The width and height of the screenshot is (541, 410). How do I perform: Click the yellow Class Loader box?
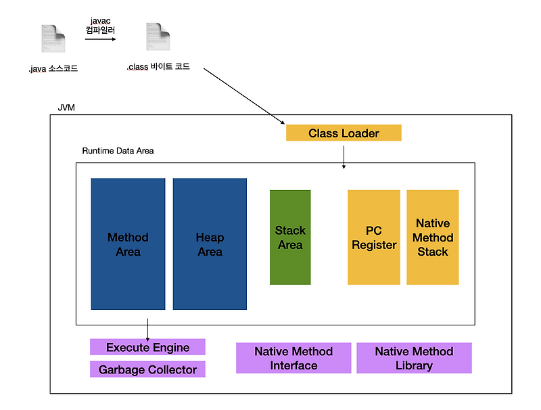(344, 133)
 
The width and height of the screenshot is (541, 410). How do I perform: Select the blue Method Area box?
(128, 244)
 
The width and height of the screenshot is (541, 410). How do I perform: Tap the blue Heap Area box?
(210, 244)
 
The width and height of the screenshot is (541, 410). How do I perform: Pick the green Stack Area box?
(290, 237)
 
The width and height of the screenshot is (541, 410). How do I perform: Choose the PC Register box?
(374, 237)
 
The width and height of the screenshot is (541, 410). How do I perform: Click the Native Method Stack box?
(433, 237)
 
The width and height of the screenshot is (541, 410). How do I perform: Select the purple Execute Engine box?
(147, 347)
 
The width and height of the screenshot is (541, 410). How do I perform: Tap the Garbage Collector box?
(147, 369)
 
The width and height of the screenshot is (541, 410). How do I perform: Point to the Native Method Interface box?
(293, 358)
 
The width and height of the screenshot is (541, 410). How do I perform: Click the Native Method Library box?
(414, 358)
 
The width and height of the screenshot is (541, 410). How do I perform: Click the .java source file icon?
(53, 39)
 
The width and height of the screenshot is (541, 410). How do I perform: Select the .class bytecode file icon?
(158, 37)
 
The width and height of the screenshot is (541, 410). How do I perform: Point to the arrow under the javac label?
(100, 39)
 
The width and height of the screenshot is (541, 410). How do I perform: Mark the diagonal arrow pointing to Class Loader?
(244, 96)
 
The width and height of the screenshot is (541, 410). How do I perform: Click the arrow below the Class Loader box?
(344, 157)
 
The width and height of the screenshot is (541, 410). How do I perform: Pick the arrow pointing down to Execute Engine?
(147, 330)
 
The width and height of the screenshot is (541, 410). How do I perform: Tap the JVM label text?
(66, 108)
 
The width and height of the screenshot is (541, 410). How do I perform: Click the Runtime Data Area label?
(118, 151)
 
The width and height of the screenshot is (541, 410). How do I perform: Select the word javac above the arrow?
(100, 21)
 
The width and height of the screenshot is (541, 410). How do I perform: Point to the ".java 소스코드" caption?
(53, 68)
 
